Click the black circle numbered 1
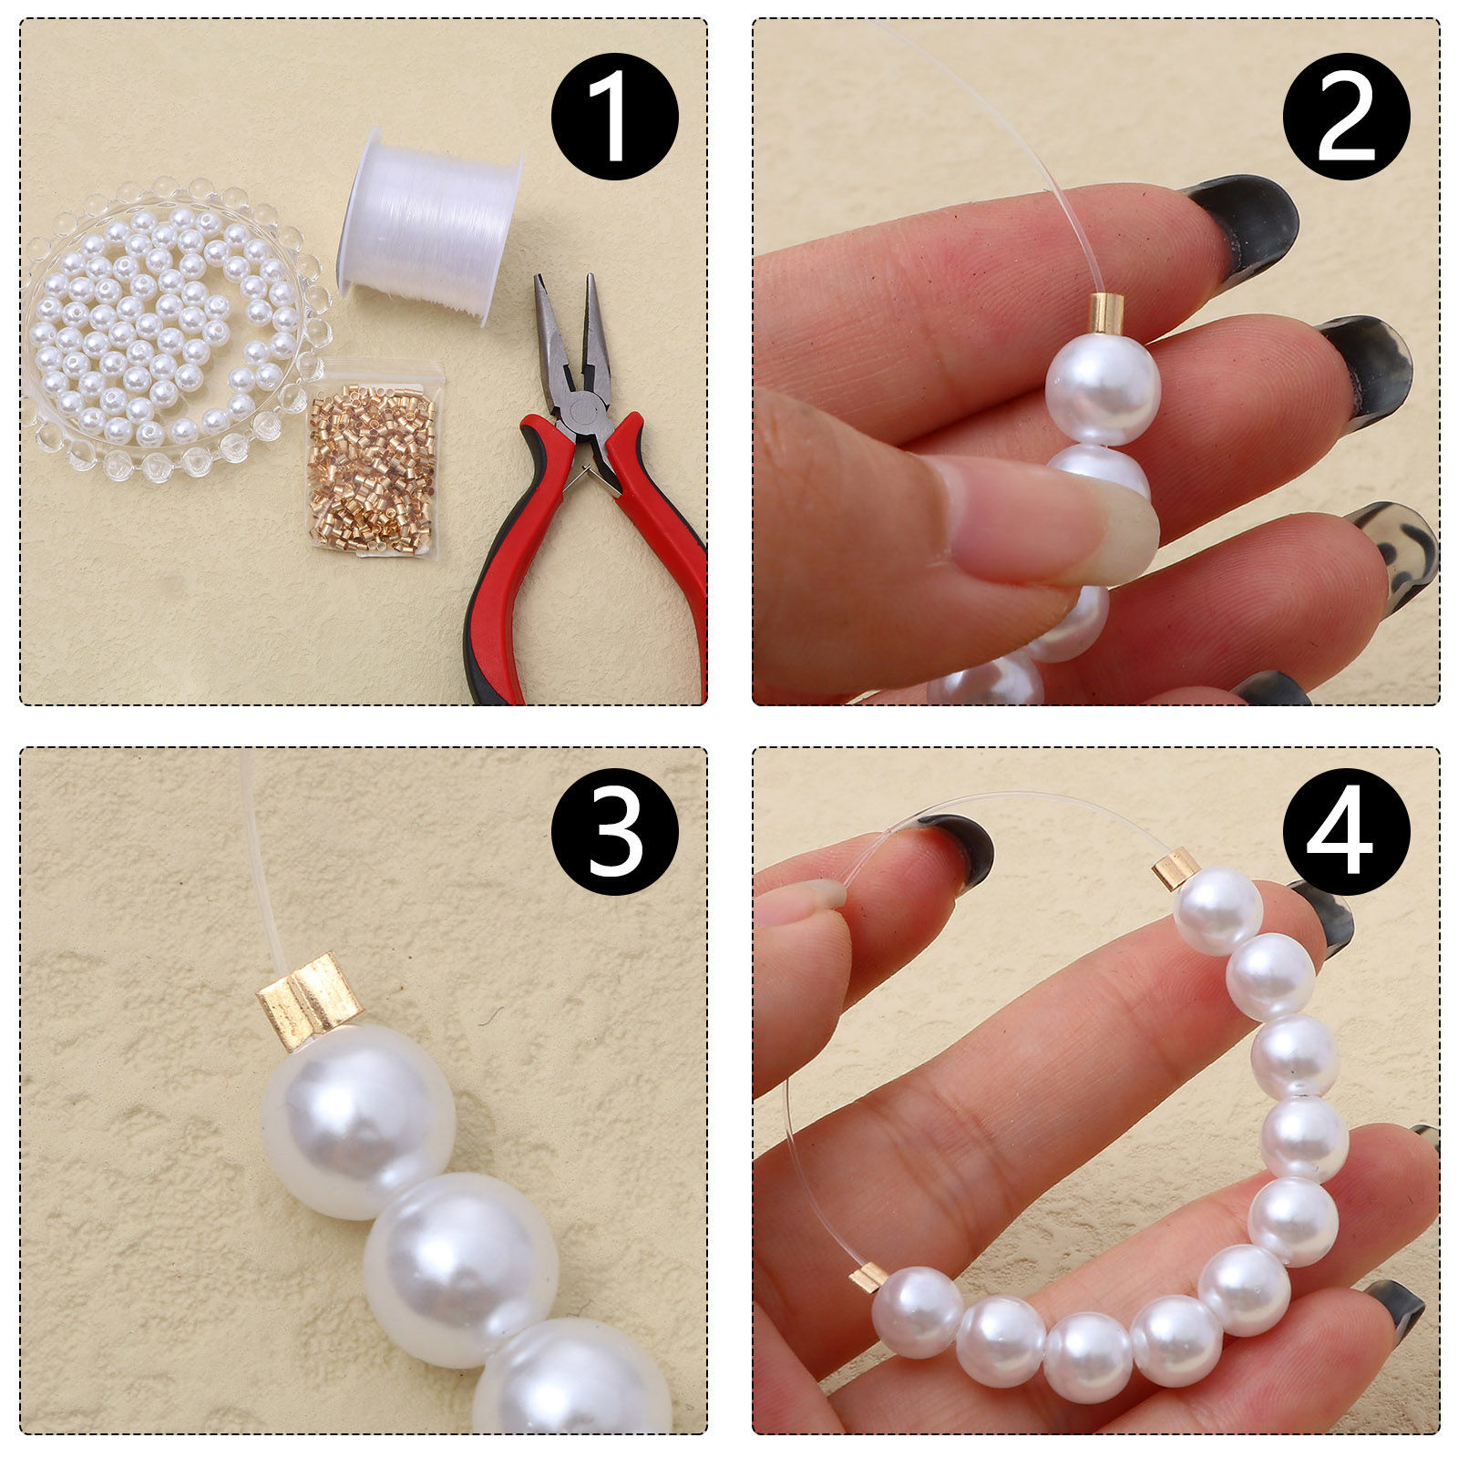point(615,116)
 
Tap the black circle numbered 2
point(1347,116)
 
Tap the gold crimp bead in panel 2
point(1107,313)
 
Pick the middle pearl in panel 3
point(461,1270)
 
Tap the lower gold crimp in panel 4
point(868,1277)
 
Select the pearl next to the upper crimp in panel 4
point(1218,910)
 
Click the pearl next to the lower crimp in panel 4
point(918,1312)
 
